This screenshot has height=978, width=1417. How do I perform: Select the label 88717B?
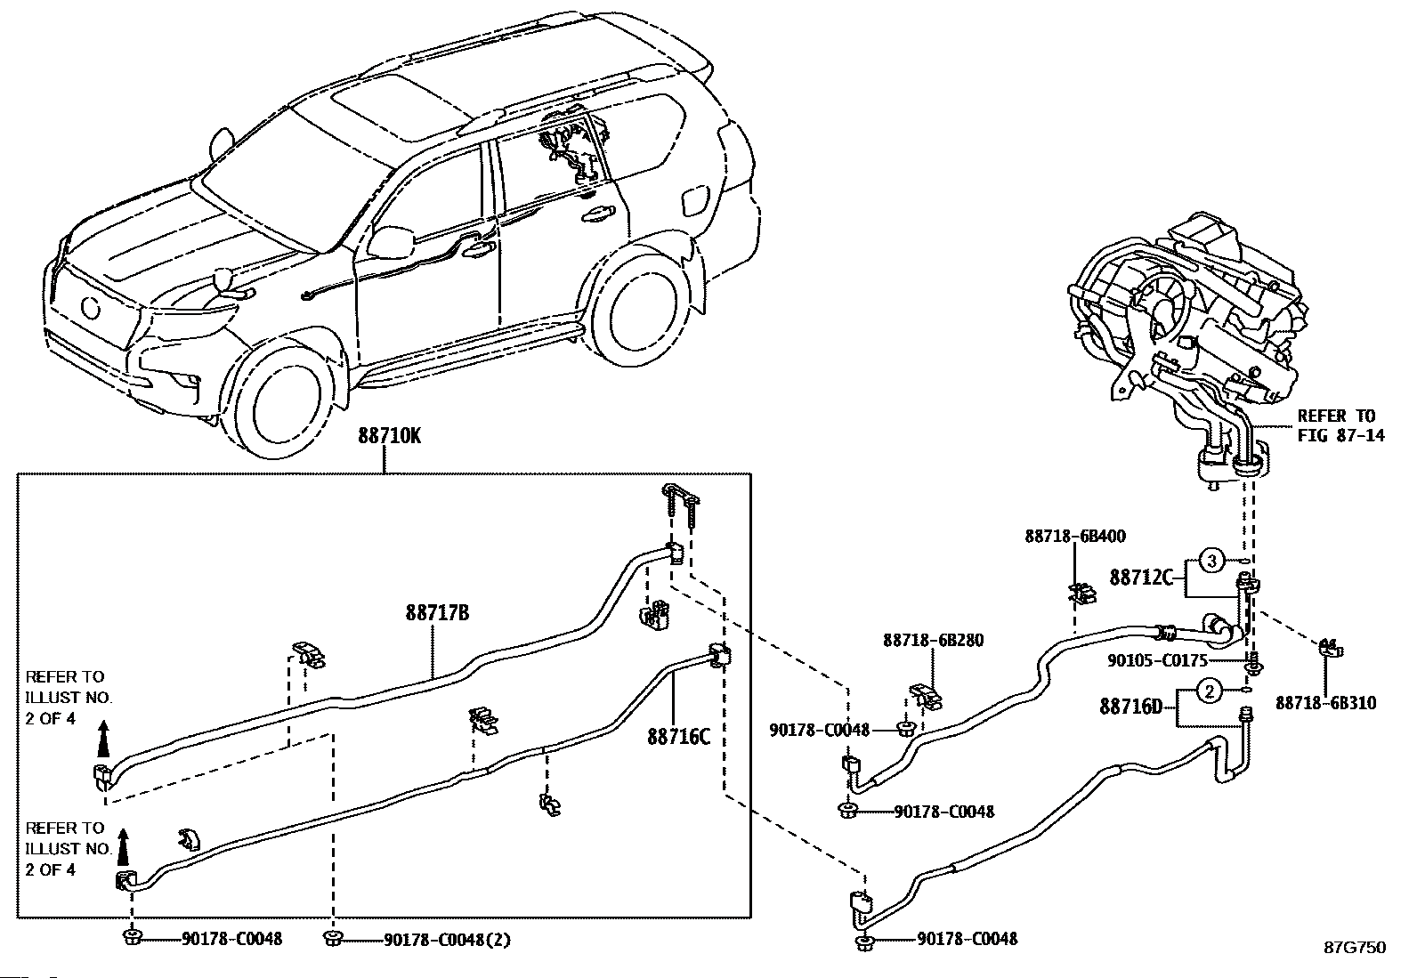[x=437, y=613]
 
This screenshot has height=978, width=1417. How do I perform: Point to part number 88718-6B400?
[x=1075, y=537]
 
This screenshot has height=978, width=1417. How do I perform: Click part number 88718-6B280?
[x=934, y=640]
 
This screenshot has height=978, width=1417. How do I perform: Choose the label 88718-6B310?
[x=1325, y=703]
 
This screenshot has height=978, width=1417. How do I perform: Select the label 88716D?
[x=1131, y=707]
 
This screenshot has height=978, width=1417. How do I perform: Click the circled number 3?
[x=1211, y=561]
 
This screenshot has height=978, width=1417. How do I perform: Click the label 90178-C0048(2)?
[x=447, y=940]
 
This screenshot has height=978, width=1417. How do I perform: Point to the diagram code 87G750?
[x=1355, y=948]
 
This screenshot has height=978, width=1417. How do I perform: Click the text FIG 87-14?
[x=1340, y=436]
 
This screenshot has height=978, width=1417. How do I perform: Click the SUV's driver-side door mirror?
[x=393, y=239]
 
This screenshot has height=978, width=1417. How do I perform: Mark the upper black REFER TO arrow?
[x=103, y=738]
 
